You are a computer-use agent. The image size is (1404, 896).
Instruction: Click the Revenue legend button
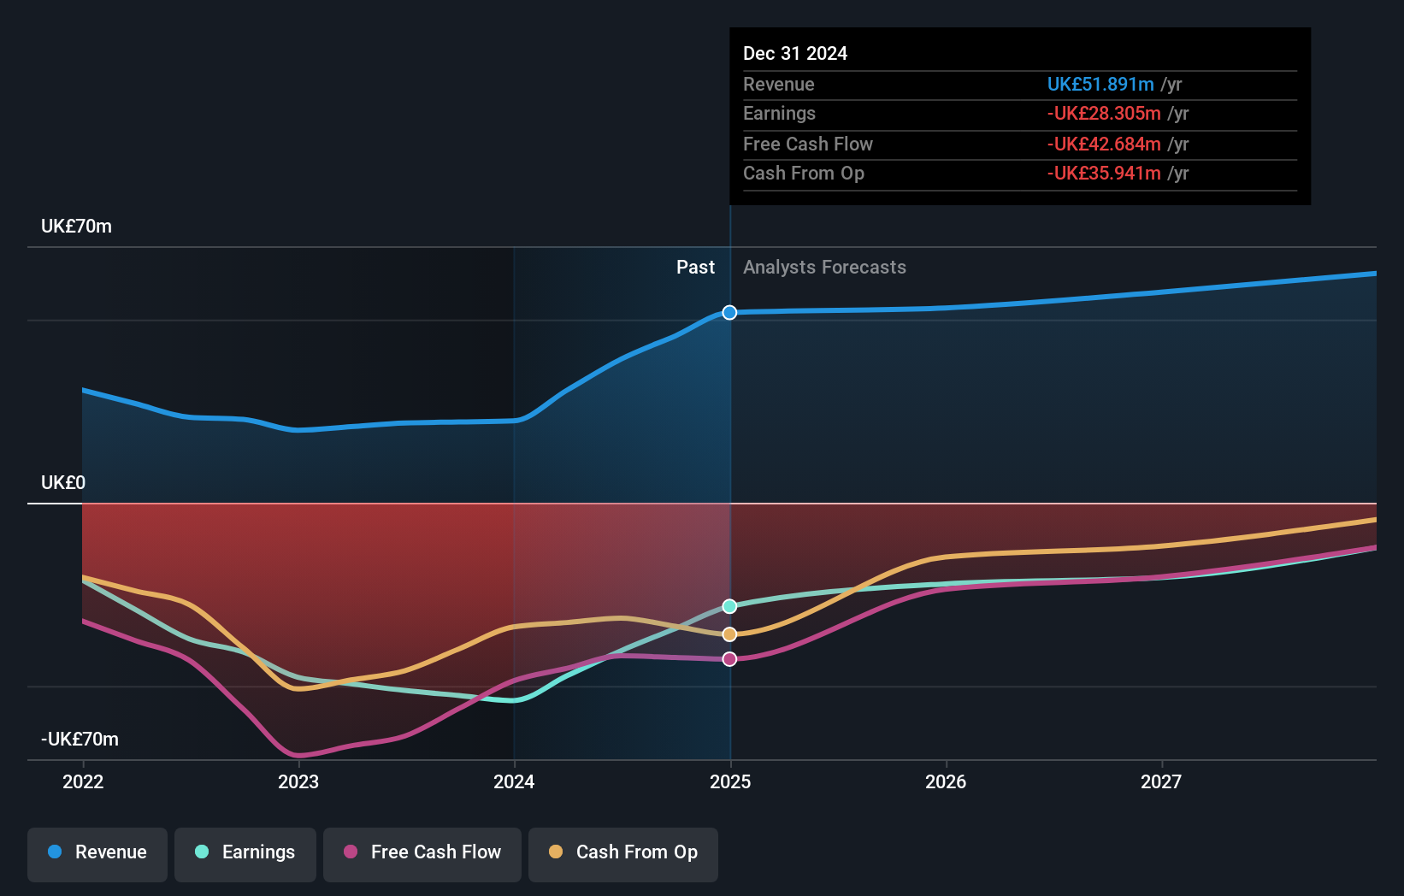(x=97, y=853)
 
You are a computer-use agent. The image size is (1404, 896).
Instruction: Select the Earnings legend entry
(x=245, y=853)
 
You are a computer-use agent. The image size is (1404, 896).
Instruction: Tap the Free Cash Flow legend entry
(x=422, y=853)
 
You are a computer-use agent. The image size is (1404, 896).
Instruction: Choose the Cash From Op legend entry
(x=623, y=853)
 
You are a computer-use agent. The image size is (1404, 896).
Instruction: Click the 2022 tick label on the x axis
(x=83, y=781)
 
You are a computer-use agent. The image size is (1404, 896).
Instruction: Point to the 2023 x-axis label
(x=298, y=781)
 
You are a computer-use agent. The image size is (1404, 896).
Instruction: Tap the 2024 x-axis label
(x=514, y=781)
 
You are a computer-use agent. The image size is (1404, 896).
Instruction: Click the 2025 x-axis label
(x=730, y=781)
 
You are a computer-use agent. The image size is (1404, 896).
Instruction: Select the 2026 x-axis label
(x=946, y=781)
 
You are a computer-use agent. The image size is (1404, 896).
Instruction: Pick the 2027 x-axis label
(x=1161, y=781)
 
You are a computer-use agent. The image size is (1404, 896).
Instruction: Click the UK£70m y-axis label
(x=76, y=227)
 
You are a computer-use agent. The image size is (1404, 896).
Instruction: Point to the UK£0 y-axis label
(x=63, y=483)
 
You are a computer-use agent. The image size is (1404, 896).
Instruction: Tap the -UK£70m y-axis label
(x=80, y=740)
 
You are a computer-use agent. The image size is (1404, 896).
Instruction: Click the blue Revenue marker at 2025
(x=729, y=313)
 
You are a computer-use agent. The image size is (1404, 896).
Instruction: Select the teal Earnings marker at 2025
(x=729, y=606)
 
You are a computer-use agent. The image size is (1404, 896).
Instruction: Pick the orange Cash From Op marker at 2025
(x=729, y=634)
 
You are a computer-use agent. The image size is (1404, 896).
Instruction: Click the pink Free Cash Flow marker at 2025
(x=729, y=659)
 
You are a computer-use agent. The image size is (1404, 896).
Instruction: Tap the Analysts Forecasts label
(x=824, y=268)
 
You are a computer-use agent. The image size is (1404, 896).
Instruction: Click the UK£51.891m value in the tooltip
(x=1100, y=85)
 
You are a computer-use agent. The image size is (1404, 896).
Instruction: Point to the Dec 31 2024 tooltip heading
(x=794, y=54)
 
